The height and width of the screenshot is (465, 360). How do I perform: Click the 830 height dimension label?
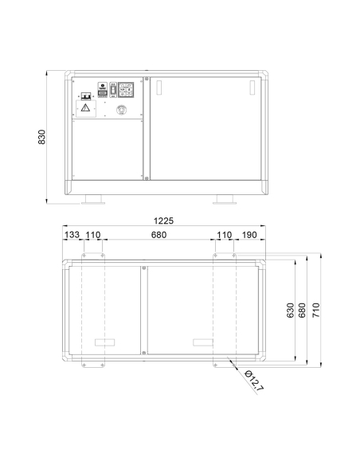point(42,137)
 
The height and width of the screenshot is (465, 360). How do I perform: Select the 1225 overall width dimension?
point(164,221)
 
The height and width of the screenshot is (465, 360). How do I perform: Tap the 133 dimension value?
point(72,235)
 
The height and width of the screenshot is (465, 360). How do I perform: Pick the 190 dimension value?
point(249,235)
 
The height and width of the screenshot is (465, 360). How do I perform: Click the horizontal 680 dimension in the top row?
point(159,235)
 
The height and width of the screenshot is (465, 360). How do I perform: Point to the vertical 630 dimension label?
point(291,311)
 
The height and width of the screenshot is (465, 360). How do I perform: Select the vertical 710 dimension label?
point(316,311)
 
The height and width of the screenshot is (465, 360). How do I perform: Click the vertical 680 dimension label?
point(302,311)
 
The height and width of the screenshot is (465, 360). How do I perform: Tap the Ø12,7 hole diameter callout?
point(254,380)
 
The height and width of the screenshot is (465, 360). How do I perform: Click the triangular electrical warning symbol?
point(86,107)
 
